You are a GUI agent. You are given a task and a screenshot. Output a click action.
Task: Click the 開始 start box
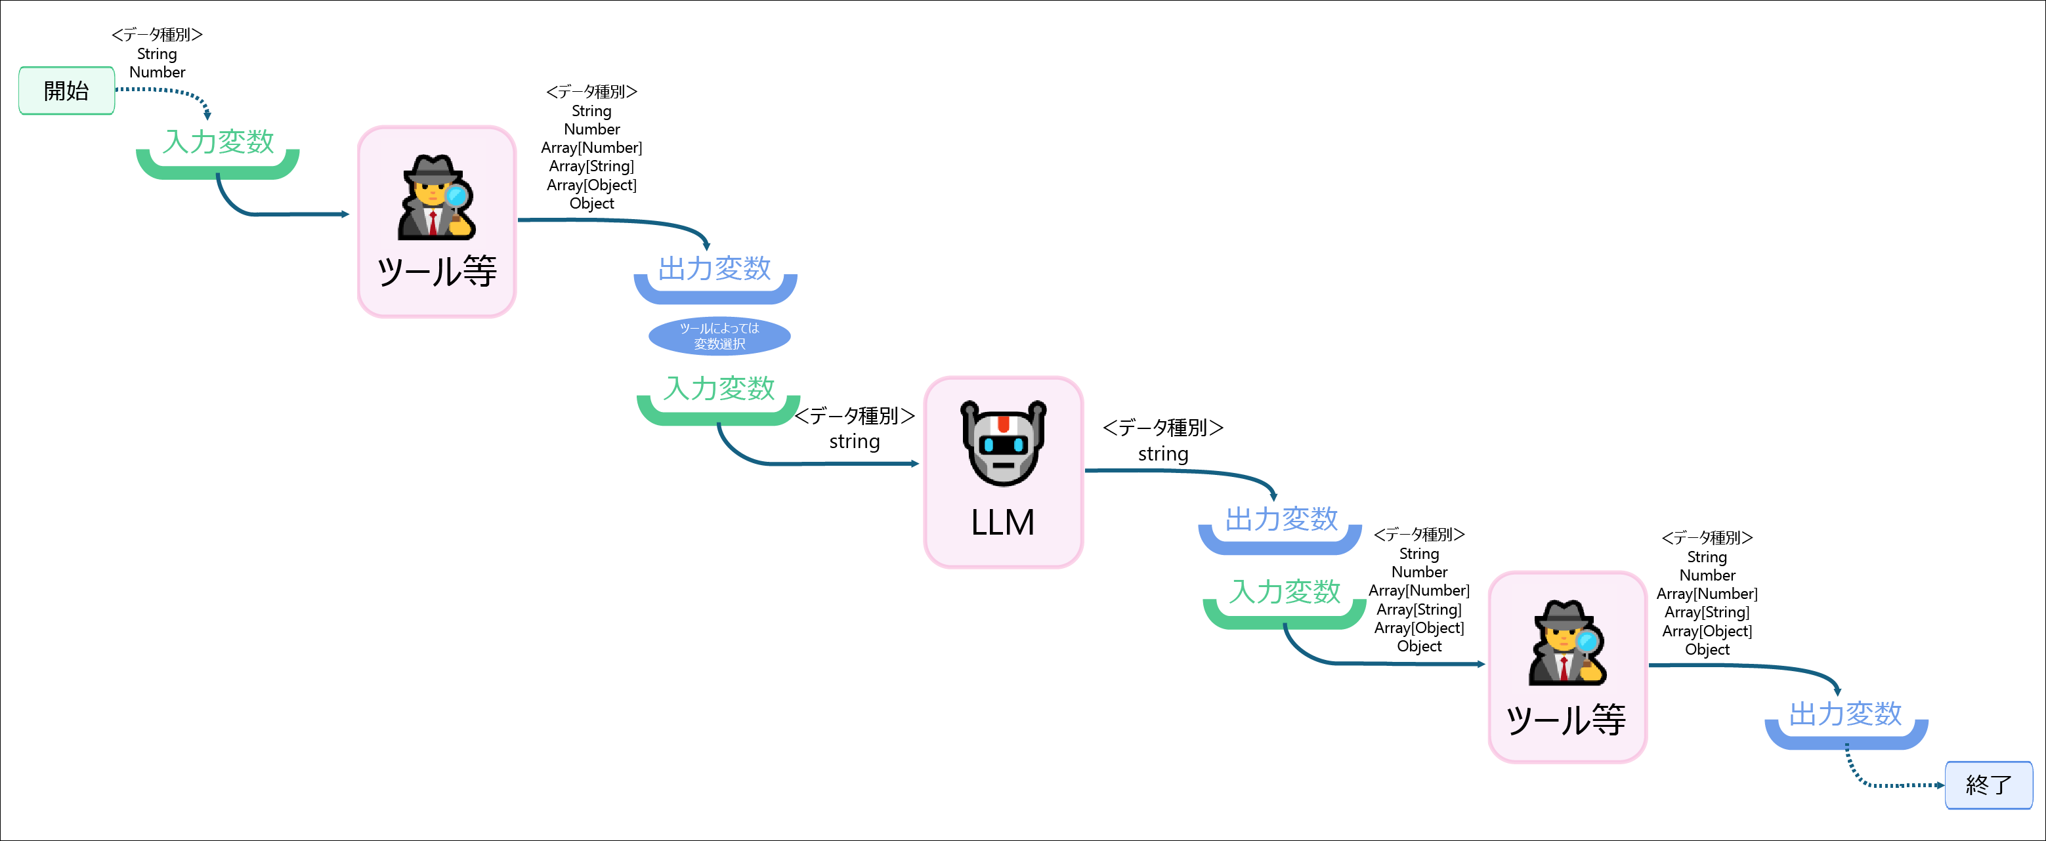67,91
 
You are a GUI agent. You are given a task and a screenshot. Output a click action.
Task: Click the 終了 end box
1988,785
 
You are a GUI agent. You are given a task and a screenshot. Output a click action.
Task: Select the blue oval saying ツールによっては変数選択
719,336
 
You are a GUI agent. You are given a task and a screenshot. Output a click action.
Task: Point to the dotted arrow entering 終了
1890,784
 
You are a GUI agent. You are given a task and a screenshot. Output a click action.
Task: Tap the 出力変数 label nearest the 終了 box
1845,713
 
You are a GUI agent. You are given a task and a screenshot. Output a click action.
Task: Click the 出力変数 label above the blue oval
714,268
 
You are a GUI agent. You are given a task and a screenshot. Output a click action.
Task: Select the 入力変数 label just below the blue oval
719,388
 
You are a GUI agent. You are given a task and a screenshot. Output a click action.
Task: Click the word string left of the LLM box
854,441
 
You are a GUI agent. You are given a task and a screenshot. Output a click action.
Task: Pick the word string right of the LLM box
1162,454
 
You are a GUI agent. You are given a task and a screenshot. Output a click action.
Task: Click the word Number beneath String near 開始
158,72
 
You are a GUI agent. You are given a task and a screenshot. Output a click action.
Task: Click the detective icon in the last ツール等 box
1566,644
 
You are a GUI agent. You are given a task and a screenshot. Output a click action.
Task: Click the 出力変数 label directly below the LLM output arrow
1281,520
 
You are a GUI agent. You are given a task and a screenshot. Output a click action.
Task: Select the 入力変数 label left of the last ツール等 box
1285,592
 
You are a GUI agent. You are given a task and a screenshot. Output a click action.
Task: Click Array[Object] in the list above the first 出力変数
591,185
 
